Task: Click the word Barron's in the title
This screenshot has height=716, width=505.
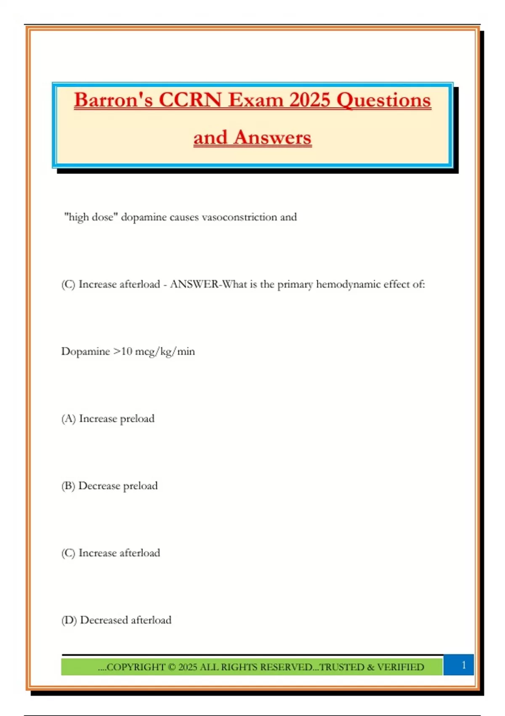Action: (x=113, y=101)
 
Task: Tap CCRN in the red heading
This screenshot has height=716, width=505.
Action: (x=190, y=101)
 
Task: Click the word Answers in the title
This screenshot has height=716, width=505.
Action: (x=272, y=138)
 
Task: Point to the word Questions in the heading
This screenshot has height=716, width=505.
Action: (x=384, y=101)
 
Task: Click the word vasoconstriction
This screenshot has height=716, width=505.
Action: (x=239, y=217)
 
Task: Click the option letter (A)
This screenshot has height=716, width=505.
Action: (x=69, y=419)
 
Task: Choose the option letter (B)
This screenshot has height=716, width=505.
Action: (x=68, y=486)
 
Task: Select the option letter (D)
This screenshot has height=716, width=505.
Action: (x=69, y=620)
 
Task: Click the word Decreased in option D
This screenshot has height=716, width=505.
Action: (x=104, y=620)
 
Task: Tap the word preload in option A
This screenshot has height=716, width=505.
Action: (x=137, y=419)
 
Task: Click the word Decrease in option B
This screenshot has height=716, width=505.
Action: (x=99, y=486)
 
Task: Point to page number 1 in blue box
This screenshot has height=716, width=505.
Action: (x=464, y=665)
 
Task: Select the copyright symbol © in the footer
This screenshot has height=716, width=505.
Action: (x=171, y=667)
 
